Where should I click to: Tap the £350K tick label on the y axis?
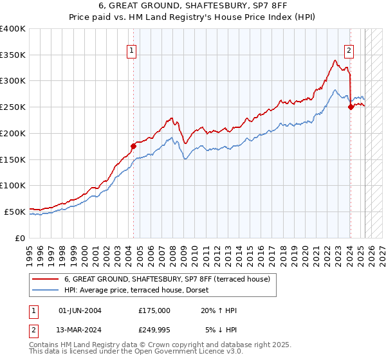(13, 55)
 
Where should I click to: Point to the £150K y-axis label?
(13, 159)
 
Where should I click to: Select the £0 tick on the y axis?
(19, 238)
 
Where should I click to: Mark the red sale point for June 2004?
(133, 146)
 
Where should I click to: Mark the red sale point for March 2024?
(351, 107)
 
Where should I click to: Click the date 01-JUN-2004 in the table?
(80, 310)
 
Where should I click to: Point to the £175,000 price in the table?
(154, 310)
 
